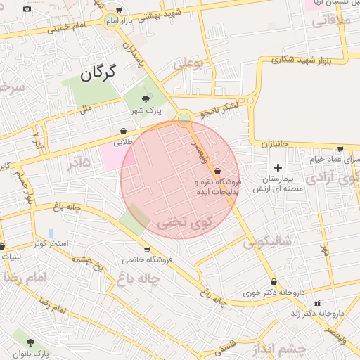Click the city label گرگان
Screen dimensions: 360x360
tap(102, 73)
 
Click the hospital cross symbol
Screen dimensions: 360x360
tap(278, 168)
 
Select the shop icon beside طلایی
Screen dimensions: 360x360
tap(124, 131)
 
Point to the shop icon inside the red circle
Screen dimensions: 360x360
tap(217, 171)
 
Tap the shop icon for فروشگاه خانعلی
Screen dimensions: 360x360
tap(146, 249)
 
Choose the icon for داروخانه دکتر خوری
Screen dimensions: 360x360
tap(274, 282)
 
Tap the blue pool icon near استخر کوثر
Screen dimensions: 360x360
tap(51, 233)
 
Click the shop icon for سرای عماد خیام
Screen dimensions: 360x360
tap(340, 149)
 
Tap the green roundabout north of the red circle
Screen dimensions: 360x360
tap(184, 117)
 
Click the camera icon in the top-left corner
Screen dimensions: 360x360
tap(27, 8)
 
